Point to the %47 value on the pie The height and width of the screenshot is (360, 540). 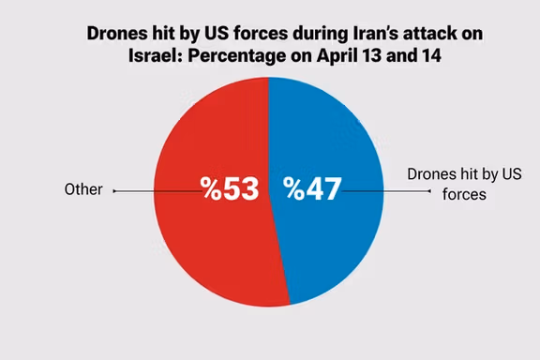point(312,188)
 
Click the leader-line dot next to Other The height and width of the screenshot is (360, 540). point(114,190)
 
